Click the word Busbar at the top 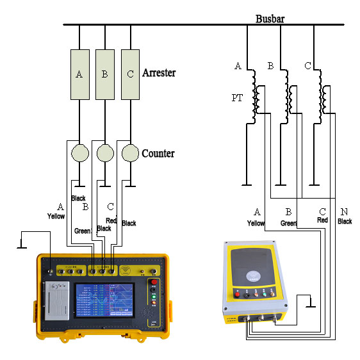[270, 19]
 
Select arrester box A [79, 74]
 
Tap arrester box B [104, 74]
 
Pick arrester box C [130, 74]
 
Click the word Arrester [159, 73]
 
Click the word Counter [158, 154]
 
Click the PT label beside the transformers [237, 98]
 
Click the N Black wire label [345, 217]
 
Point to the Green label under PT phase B [289, 223]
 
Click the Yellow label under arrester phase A [56, 217]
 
